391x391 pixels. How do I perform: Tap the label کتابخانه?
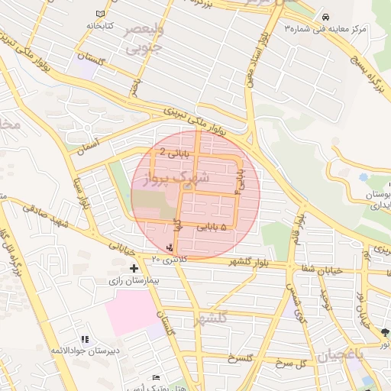(x=100, y=26)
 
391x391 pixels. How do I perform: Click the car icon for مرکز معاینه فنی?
(x=326, y=17)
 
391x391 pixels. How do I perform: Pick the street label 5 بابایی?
(x=213, y=227)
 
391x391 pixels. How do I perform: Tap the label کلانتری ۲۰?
(x=168, y=260)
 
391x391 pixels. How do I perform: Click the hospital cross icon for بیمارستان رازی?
(x=134, y=268)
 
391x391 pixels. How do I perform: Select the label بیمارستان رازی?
(x=134, y=280)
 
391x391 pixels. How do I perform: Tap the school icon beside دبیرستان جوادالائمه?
(x=85, y=338)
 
